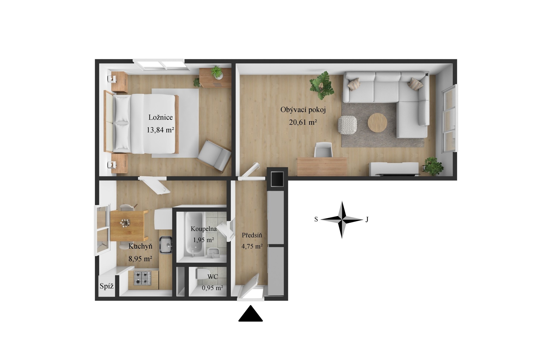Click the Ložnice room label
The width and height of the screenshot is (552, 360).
tap(160, 117)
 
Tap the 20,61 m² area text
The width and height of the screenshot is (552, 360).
tap(303, 122)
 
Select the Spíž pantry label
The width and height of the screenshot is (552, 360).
tap(107, 286)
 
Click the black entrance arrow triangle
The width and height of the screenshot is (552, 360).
tap(250, 314)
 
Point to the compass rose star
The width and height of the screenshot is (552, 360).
tap(342, 220)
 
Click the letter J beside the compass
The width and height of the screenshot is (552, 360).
tap(367, 220)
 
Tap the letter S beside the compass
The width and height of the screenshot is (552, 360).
tap(316, 220)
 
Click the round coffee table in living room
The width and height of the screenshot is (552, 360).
tap(377, 123)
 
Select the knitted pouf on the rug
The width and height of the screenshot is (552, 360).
tap(347, 124)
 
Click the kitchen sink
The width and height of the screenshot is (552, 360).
tap(166, 245)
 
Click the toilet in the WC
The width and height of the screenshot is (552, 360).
tap(202, 274)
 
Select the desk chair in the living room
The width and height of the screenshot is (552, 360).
tap(323, 150)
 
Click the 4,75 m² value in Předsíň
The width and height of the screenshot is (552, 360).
tap(252, 246)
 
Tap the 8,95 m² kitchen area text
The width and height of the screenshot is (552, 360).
tap(140, 259)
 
